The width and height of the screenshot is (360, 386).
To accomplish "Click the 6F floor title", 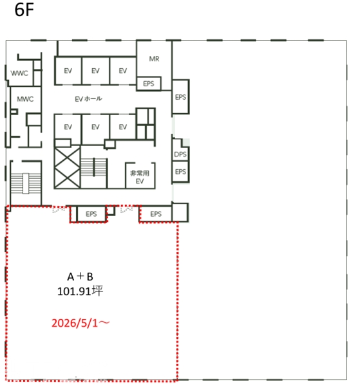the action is coord(24,10).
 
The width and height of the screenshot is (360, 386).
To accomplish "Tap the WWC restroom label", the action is coord(19,73).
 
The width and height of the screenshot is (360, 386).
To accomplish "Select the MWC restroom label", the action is coord(25,99).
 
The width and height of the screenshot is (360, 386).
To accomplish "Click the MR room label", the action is coord(155,59).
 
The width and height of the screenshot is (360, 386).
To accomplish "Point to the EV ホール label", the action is coord(88,98).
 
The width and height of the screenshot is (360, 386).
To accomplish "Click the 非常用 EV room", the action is coord(140,176).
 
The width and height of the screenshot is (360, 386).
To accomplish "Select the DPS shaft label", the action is coord(180,154).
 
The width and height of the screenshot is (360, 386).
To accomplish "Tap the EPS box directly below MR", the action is coord(149,84).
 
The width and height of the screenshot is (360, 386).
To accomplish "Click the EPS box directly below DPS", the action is coord(180,172).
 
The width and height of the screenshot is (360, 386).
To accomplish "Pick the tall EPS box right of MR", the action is coord(180,96).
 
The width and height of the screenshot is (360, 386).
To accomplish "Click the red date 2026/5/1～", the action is coord(81,323).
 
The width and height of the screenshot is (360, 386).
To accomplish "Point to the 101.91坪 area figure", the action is coord(80,291).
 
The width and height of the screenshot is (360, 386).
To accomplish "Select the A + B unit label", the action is coord(80,277).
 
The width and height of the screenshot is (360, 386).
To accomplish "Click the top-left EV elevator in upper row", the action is coord(68,71).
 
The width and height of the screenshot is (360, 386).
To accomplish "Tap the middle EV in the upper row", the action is coord(95,71).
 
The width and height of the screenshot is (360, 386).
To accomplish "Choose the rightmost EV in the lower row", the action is coord(123,127).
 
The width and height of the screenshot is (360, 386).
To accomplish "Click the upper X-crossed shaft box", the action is coord(67,158).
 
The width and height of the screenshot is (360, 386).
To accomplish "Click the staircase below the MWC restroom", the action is coord(26,183).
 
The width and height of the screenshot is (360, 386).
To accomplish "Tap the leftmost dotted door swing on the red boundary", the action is coord(59,209).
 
